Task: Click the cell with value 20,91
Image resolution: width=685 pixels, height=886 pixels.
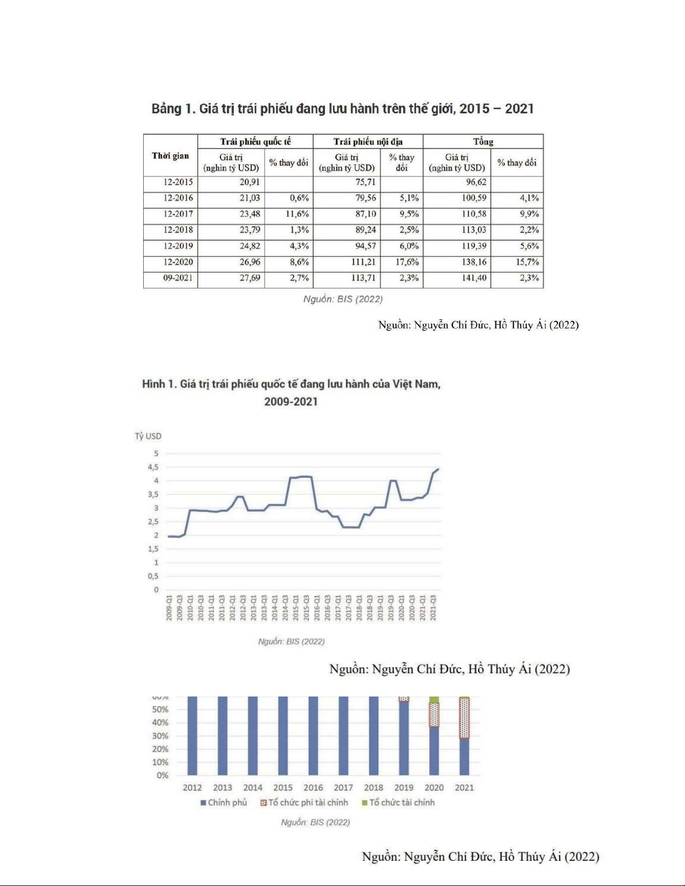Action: pyautogui.click(x=249, y=182)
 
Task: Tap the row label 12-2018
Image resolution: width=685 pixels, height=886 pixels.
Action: pyautogui.click(x=178, y=230)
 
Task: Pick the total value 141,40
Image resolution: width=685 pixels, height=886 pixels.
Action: pyautogui.click(x=474, y=278)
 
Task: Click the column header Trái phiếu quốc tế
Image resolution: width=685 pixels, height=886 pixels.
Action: pyautogui.click(x=255, y=141)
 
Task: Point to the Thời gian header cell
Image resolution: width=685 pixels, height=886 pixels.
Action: pyautogui.click(x=170, y=155)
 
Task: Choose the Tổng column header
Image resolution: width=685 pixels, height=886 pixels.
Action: pyautogui.click(x=483, y=141)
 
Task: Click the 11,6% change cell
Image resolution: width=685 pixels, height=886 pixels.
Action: pyautogui.click(x=297, y=214)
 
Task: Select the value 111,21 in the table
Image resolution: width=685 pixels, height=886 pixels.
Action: pyautogui.click(x=363, y=262)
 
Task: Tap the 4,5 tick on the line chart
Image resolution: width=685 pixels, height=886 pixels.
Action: pyautogui.click(x=153, y=467)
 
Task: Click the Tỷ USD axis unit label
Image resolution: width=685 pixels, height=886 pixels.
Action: pyautogui.click(x=148, y=436)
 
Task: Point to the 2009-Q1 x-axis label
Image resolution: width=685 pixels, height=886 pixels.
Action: pyautogui.click(x=169, y=608)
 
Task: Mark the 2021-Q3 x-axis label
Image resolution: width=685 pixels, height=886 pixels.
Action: pyautogui.click(x=433, y=608)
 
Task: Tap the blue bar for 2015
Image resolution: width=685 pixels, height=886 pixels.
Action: pyautogui.click(x=283, y=735)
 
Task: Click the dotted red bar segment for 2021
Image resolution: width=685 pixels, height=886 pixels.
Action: pyautogui.click(x=464, y=718)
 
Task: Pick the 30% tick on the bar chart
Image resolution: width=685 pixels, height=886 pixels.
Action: pyautogui.click(x=160, y=736)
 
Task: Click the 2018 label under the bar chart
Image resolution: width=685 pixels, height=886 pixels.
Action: pyautogui.click(x=374, y=788)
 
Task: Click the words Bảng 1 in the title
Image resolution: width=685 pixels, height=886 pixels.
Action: pyautogui.click(x=172, y=108)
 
